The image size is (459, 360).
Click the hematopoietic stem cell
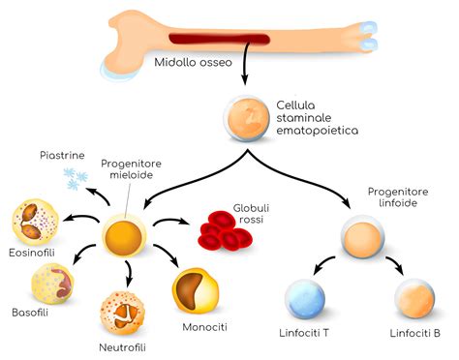(x=243, y=116)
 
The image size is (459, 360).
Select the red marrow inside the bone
(x=209, y=40)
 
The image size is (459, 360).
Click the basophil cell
(x=52, y=283)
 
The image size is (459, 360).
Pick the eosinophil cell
(x=35, y=222)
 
